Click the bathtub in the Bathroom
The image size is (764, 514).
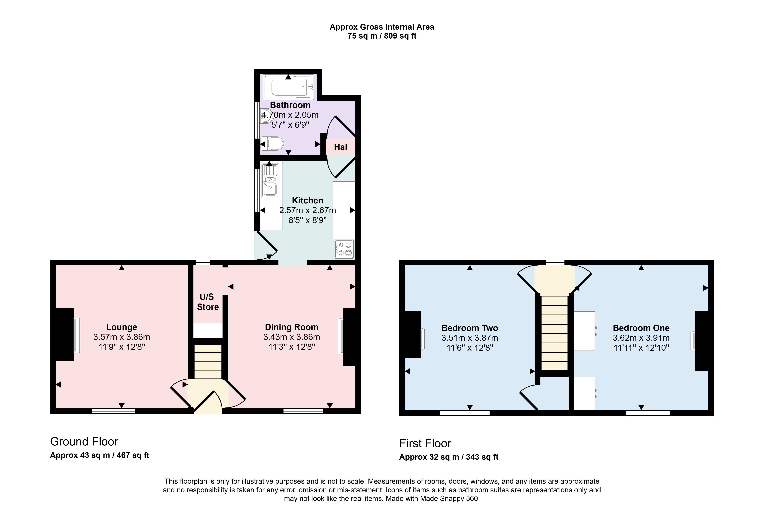pyautogui.click(x=288, y=87)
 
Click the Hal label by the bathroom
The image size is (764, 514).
pyautogui.click(x=341, y=147)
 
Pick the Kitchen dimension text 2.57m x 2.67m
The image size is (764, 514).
pyautogui.click(x=307, y=210)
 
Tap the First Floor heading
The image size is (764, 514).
pyautogui.click(x=425, y=443)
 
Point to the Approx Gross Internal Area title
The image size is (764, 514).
pyautogui.click(x=382, y=27)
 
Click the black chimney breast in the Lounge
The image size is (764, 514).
pyautogui.click(x=64, y=334)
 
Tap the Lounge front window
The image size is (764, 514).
pyautogui.click(x=114, y=411)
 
